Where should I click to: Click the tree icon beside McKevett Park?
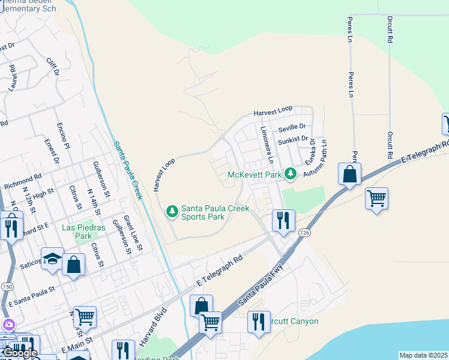[291, 174]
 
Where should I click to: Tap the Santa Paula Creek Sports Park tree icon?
[172, 211]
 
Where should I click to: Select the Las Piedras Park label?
[77, 232]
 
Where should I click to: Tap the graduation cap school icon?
[52, 258]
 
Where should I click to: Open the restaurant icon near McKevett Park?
[283, 219]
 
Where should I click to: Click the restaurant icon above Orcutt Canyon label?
[259, 321]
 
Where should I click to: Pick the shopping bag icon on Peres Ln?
[349, 174]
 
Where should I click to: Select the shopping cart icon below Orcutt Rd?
[376, 198]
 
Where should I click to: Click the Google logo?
[19, 353]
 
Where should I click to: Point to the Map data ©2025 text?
[423, 355]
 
